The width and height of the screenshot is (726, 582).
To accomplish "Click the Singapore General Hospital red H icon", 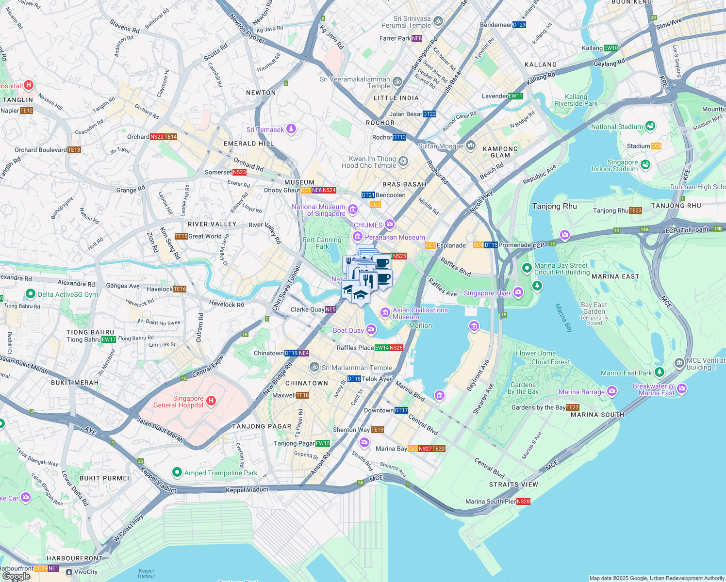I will [x=211, y=401].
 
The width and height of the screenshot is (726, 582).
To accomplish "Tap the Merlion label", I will [x=420, y=325].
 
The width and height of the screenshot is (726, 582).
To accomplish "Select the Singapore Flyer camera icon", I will [x=518, y=292].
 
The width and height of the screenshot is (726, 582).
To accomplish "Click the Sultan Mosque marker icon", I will [x=471, y=145].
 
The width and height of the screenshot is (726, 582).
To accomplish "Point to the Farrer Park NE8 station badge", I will [x=417, y=38].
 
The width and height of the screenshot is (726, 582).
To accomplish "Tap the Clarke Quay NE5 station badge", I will [x=330, y=309].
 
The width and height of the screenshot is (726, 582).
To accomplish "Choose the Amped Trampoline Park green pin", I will [x=177, y=472].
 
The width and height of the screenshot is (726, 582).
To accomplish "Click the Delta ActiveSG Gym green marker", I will [x=31, y=294].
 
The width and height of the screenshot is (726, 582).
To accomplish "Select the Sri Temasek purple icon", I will [x=291, y=129].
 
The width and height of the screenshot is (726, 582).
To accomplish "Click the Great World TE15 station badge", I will [x=181, y=236].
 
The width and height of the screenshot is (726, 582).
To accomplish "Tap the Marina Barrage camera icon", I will [x=612, y=391].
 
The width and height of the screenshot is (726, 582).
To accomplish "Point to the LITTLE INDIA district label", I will [x=396, y=98].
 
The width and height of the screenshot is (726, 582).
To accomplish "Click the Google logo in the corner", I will [x=16, y=576].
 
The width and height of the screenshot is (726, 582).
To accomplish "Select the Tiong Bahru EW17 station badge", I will [x=109, y=339].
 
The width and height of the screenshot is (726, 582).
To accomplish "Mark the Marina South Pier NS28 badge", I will [x=523, y=501].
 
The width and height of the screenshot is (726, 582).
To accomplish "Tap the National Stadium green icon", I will [x=650, y=126].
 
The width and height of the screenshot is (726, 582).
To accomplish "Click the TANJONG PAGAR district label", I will [x=262, y=426].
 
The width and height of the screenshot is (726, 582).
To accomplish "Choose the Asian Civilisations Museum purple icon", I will [x=385, y=312].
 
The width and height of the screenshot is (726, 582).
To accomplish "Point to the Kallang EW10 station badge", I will [x=611, y=48].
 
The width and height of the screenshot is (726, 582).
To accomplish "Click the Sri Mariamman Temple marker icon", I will [x=314, y=367].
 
